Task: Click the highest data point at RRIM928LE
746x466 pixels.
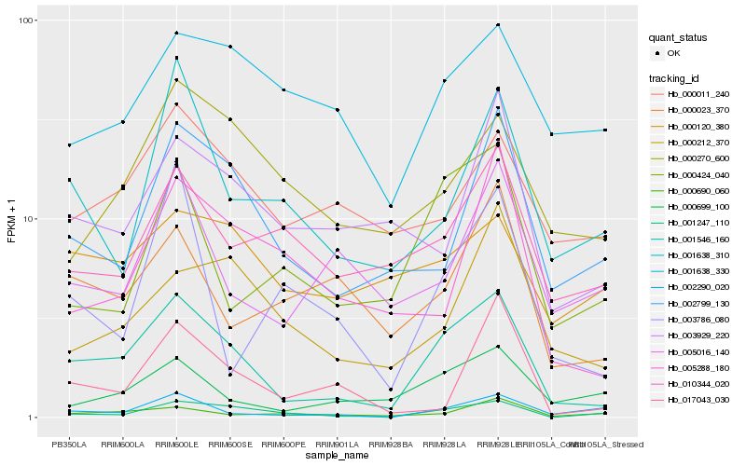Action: tap(499, 24)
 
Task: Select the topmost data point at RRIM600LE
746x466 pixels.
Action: tap(176, 34)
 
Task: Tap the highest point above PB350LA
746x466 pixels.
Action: tap(69, 145)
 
